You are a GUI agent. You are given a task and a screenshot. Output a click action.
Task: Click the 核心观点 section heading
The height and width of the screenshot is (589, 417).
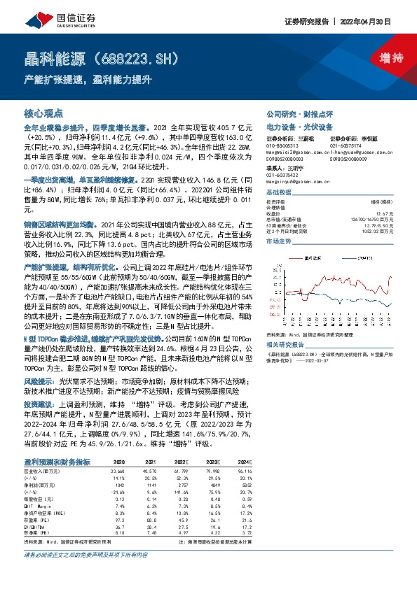coord(43,113)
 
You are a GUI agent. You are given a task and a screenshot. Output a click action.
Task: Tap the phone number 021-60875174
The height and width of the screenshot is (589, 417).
coord(345,145)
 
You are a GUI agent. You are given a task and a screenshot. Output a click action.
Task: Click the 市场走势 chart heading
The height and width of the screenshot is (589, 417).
coord(280,241)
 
